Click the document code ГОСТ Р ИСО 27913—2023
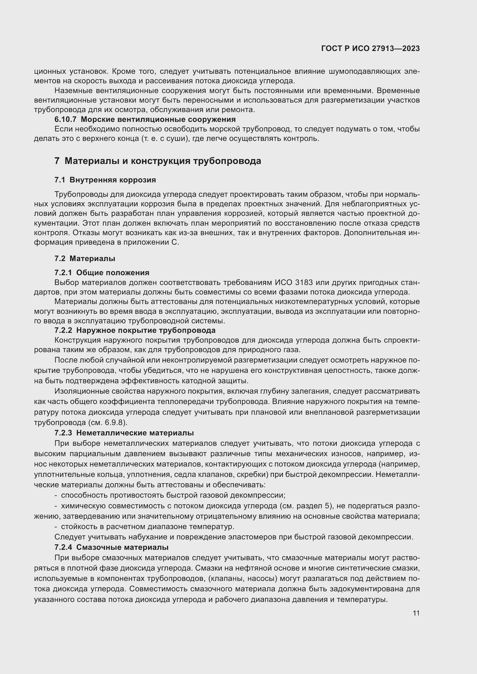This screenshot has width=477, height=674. coord(370,48)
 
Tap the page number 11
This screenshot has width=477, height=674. coord(416,613)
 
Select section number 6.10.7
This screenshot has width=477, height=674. coord(65,120)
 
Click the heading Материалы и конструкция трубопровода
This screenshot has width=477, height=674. coord(163,161)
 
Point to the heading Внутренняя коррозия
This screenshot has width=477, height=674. coord(112,180)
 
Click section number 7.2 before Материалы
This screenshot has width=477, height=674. coord(60,258)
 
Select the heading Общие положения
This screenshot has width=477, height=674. coord(112,273)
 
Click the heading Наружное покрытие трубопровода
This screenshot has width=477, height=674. coord(146,330)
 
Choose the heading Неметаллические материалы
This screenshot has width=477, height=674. coord(135,433)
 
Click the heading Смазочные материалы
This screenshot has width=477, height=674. coord(122,547)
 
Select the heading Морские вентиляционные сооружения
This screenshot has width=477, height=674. coord(158,120)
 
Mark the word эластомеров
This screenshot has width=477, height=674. coord(253,537)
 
